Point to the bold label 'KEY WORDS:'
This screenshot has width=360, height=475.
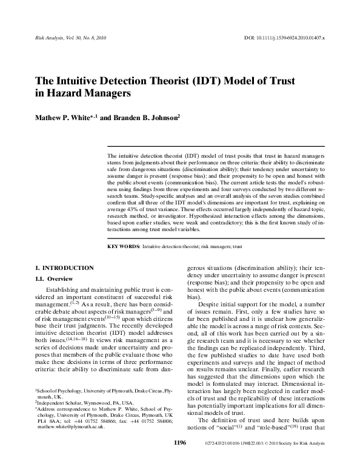pos(123,248)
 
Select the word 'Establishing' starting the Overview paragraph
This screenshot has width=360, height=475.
pos(64,290)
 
